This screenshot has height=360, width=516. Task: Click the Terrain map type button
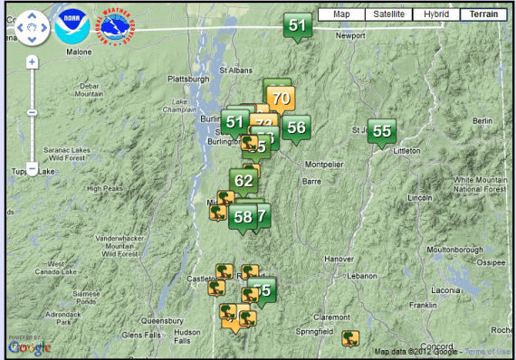point(483,14)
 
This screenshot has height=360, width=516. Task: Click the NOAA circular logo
point(72,28)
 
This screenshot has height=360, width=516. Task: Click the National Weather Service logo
point(115,28)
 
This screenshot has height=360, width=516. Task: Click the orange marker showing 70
point(281,99)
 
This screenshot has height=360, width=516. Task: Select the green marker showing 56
point(295,128)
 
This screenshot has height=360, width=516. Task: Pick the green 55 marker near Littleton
point(382,131)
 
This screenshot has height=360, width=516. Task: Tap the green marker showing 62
point(244,180)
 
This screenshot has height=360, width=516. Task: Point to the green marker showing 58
point(243,216)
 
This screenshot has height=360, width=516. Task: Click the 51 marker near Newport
point(298,25)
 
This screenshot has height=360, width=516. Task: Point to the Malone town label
point(80,52)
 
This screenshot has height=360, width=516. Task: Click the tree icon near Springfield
point(350,338)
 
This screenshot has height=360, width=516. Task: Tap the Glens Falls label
point(141,335)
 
